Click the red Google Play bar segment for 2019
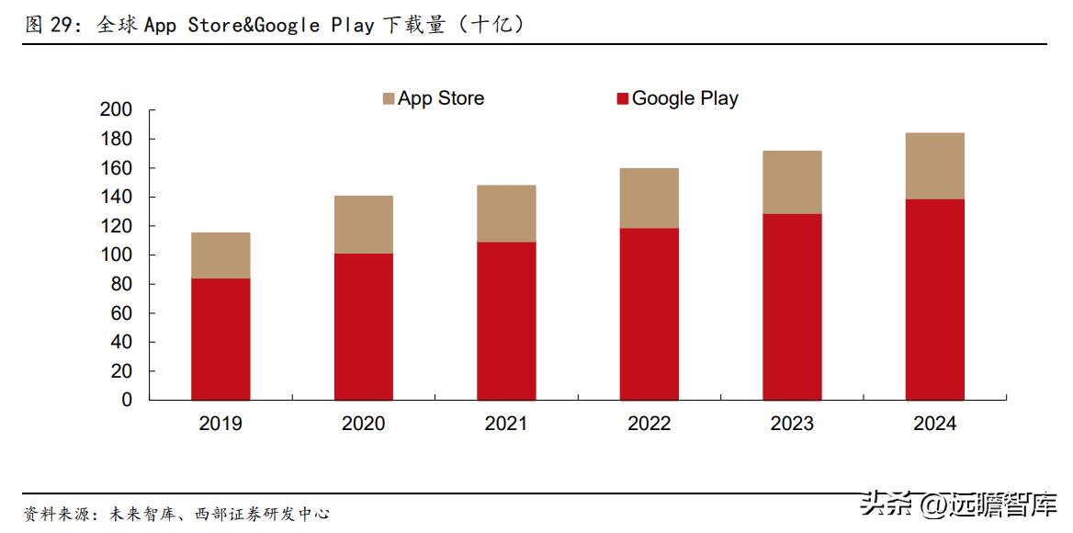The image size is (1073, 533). coord(220,339)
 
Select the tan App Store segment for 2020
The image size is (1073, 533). coord(364,224)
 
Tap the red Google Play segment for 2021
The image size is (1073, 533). coord(506,321)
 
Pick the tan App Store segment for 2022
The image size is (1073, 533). coord(649,198)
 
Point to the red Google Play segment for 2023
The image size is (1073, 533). coord(792,307)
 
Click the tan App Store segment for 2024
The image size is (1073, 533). coord(935,166)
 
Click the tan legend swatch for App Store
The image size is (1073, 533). coord(389,99)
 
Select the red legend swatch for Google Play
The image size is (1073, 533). coord(623,99)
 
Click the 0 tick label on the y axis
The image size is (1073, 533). coord(128,401)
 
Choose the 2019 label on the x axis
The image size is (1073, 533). coord(220,424)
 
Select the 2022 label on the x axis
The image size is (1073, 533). coord(649,424)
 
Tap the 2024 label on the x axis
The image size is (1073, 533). coord(935,424)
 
